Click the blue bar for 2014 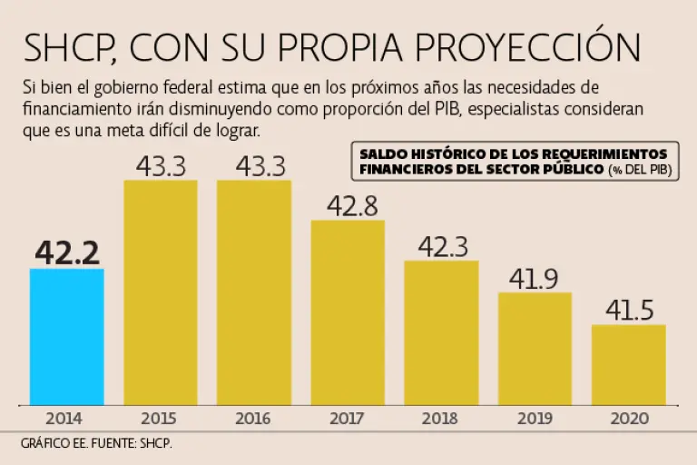point(67,336)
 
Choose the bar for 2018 point(441,332)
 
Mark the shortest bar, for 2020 point(628,364)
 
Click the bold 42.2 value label point(67,252)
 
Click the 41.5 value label point(629,311)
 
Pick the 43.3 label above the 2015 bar point(161,166)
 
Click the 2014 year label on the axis point(64,419)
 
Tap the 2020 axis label point(628,419)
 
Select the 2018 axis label point(441,419)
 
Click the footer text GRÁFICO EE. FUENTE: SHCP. point(96,444)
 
